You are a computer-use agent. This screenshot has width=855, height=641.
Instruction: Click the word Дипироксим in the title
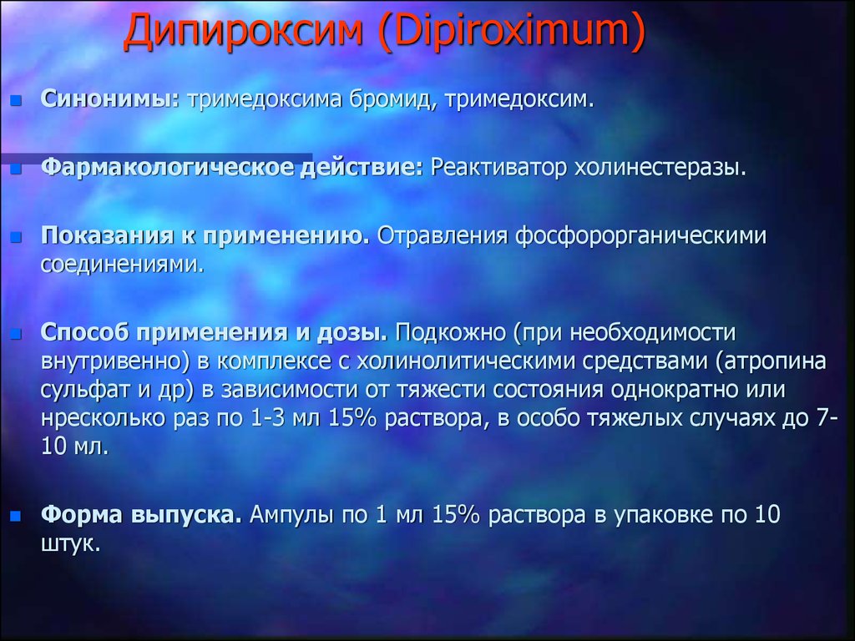coord(244,31)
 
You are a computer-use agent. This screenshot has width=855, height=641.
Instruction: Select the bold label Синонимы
coord(110,99)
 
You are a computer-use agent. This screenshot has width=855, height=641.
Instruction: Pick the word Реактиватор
coord(499,167)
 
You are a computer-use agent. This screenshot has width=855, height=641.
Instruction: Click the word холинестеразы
coord(660,167)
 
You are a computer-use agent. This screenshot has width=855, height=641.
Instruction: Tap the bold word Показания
coord(108,235)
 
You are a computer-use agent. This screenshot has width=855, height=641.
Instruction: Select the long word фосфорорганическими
coord(640,236)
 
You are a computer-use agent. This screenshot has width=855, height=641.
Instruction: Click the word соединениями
coord(123,265)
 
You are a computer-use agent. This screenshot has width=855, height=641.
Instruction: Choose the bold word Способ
coord(85,332)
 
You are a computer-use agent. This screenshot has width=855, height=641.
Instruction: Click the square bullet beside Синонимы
coord(17,100)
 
